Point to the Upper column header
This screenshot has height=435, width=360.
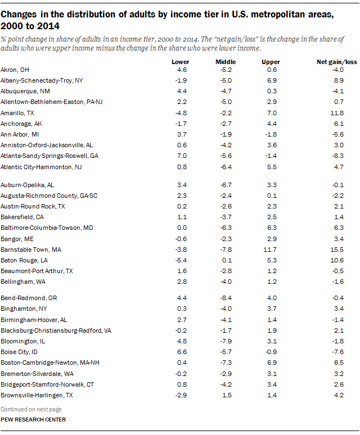click(271, 61)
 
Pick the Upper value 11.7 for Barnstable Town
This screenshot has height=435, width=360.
click(271, 248)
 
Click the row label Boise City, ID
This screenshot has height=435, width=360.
click(20, 351)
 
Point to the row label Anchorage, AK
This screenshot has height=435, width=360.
click(21, 124)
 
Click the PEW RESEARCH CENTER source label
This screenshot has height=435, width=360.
click(33, 419)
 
